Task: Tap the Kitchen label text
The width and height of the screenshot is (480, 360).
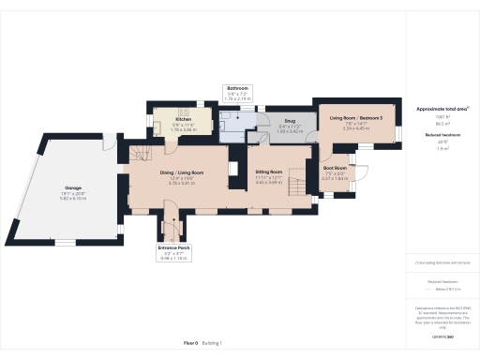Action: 183,120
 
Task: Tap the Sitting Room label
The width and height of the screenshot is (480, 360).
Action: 270,172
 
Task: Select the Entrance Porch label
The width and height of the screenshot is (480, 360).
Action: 172,248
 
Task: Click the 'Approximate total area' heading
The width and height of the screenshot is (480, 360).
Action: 442,109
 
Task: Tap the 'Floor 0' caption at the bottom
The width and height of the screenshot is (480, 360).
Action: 189,344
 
